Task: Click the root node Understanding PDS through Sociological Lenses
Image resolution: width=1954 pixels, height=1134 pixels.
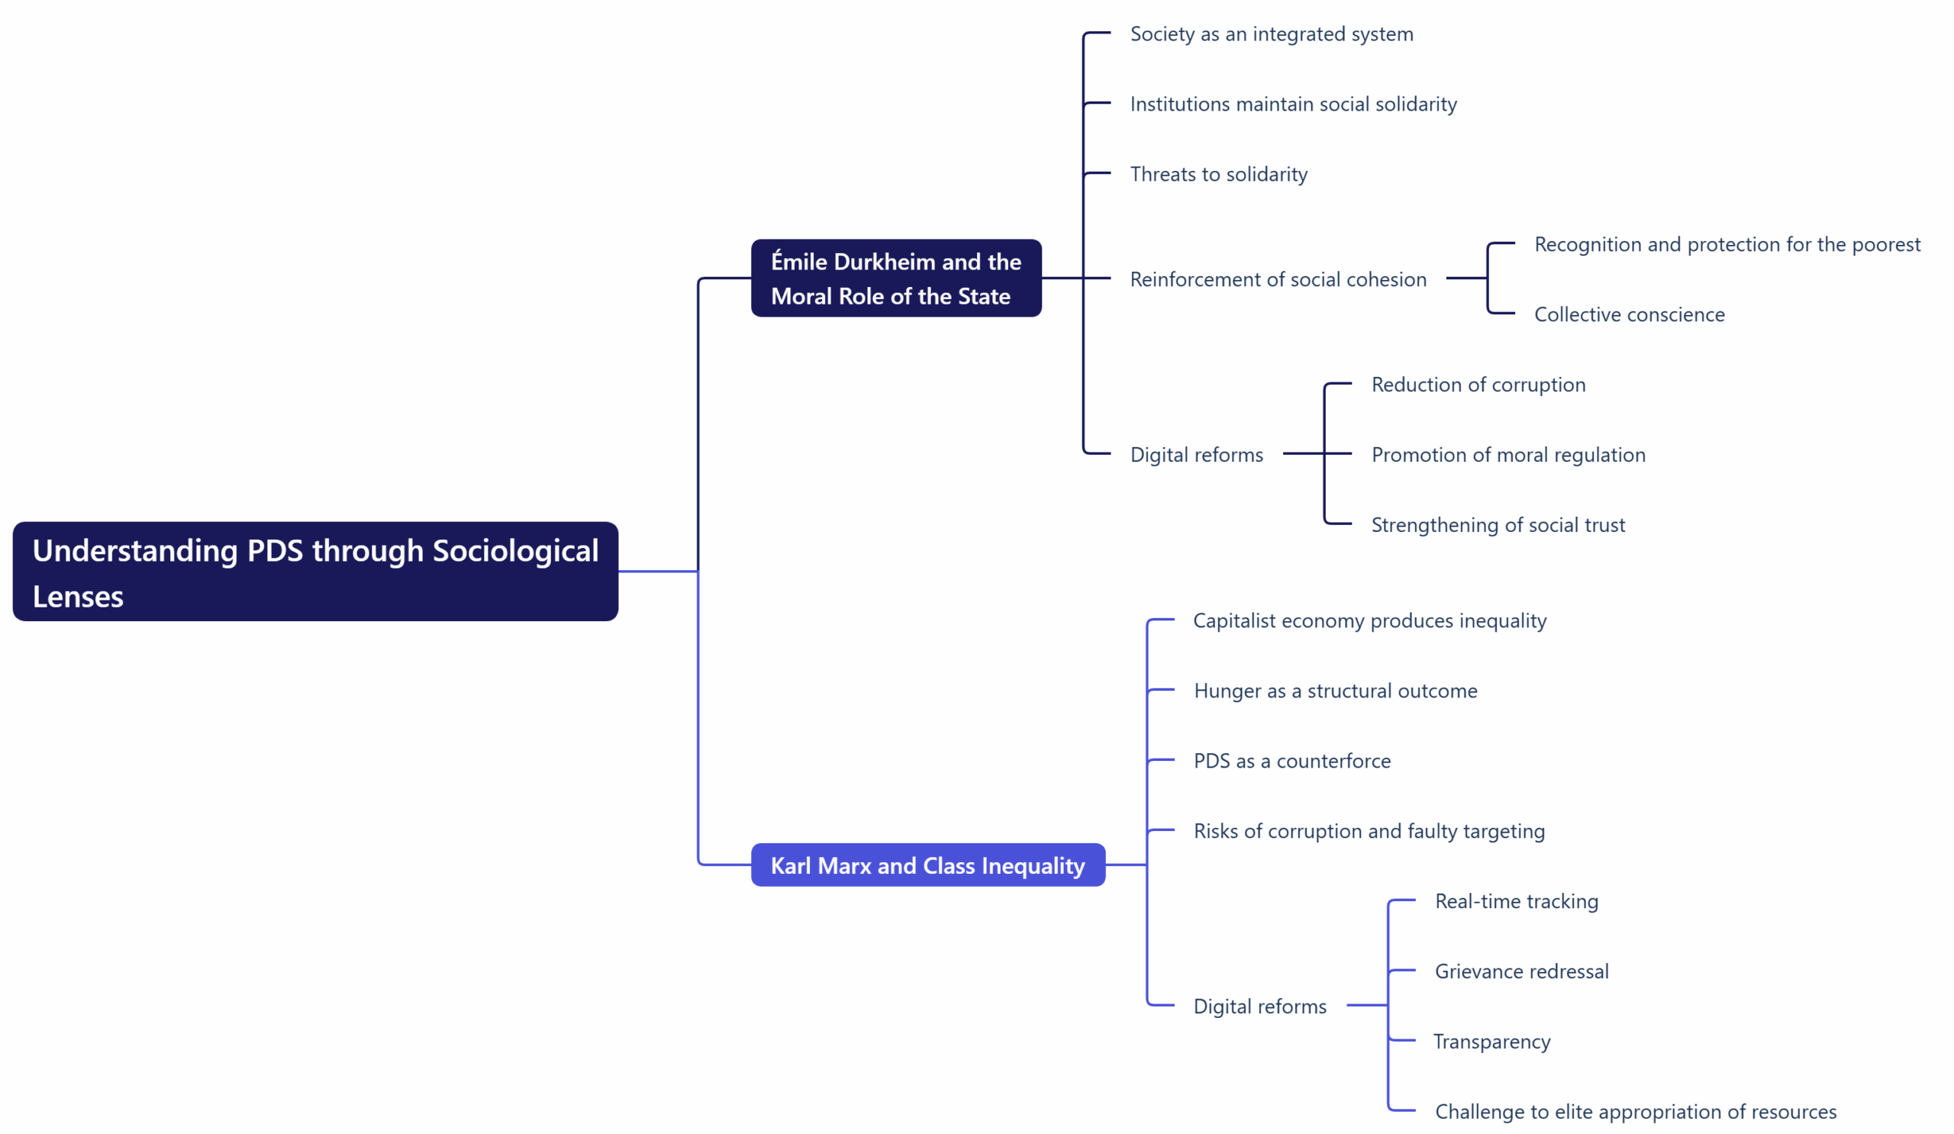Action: point(314,572)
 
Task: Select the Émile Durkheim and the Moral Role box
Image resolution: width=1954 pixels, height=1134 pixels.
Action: point(895,279)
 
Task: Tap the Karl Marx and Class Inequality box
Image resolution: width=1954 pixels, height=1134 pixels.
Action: point(927,865)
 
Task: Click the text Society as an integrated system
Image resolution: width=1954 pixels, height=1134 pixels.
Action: point(1271,34)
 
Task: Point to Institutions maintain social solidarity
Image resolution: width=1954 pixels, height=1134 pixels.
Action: point(1292,104)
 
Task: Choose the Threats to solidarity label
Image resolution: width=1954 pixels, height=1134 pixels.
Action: point(1218,175)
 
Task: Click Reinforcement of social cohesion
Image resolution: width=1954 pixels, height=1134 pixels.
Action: point(1277,279)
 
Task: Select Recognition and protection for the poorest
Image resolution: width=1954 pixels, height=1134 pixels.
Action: point(1727,244)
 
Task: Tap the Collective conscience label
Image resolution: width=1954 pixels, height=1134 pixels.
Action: point(1628,314)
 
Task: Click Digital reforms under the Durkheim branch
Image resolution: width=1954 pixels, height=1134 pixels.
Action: point(1195,455)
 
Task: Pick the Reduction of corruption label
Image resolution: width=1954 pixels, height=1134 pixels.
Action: point(1478,385)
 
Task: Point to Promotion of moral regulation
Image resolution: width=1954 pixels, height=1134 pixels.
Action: point(1507,455)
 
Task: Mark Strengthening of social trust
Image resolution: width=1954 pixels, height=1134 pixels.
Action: point(1498,525)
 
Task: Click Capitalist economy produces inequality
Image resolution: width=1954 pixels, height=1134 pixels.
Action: point(1369,621)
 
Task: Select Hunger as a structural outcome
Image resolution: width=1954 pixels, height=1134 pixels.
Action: point(1334,691)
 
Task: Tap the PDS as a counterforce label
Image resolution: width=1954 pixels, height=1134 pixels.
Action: point(1291,761)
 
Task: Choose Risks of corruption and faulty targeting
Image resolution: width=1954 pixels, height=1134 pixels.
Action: point(1369,831)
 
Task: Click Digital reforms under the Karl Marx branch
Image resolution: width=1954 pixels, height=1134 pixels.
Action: point(1259,1006)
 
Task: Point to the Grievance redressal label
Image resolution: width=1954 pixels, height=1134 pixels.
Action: point(1520,971)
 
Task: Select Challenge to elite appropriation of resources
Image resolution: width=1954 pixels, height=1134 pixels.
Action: point(1634,1112)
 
